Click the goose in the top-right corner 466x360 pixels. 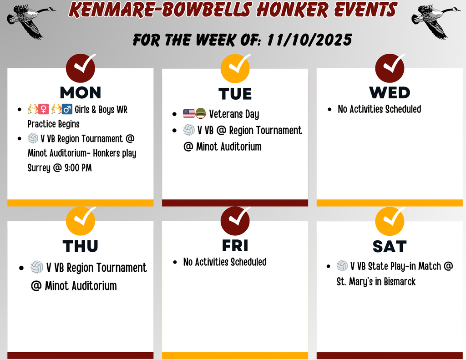point(435,20)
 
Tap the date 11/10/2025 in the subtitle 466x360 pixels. point(309,40)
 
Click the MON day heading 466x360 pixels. point(81,92)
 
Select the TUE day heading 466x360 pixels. point(235,94)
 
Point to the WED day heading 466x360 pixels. point(390,92)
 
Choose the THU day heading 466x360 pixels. point(81,246)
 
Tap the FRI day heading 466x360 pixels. point(235,245)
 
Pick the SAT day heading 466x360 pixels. point(390,246)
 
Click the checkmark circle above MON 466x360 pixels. point(81,67)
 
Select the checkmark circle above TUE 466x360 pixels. point(235,67)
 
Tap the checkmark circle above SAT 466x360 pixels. point(390,220)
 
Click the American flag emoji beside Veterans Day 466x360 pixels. point(189,114)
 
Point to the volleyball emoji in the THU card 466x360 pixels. point(37,267)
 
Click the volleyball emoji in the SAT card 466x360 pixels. point(342,266)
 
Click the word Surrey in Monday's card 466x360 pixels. point(39,168)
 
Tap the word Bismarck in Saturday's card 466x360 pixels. point(400,282)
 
